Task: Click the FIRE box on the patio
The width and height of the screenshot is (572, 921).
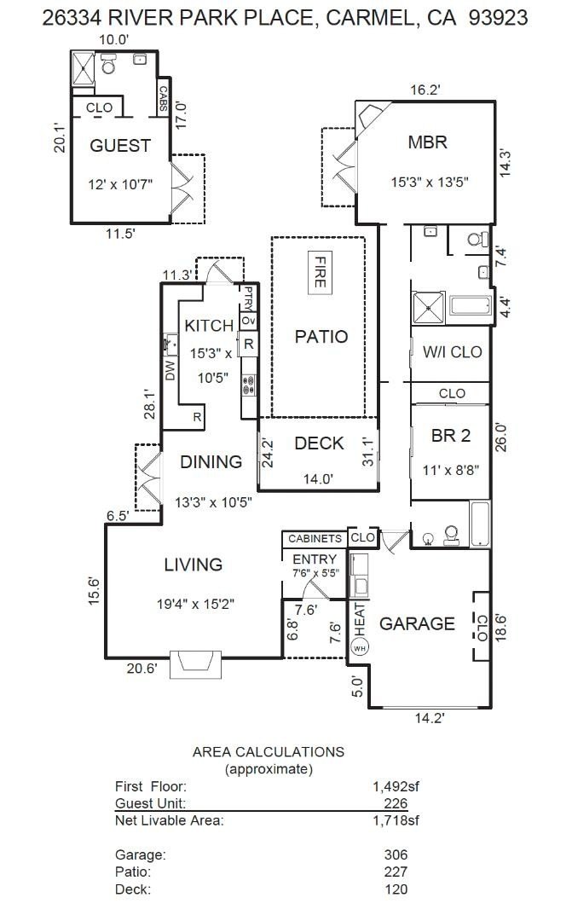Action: pos(319,273)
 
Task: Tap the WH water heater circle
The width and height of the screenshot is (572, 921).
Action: pos(359,648)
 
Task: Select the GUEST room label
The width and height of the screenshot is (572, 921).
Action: pos(120,145)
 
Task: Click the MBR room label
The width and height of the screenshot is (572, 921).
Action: pos(428,142)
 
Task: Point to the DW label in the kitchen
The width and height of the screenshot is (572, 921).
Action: pos(170,370)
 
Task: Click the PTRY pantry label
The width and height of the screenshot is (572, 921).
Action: pos(248,298)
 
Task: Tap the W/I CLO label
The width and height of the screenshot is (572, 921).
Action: pos(452,352)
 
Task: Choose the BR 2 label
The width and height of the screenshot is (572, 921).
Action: pos(450,436)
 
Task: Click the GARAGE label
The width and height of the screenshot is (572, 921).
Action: pos(417,623)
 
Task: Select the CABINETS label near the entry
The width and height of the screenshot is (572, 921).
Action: pos(315,538)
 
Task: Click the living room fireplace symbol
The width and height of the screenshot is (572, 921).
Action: pos(196,663)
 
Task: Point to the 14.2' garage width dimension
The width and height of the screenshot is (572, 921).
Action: pos(430,718)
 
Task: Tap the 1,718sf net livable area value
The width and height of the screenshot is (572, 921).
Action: pos(396,820)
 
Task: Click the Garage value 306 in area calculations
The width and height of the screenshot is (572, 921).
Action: pos(396,854)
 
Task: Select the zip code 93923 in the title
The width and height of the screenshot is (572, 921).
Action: pos(498,18)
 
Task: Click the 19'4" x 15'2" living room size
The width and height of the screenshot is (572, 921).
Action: pos(195,604)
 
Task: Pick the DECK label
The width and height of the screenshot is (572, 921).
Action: pos(319,443)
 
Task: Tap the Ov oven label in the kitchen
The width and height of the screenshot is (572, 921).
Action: pos(248,321)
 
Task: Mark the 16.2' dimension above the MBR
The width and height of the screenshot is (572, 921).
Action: pos(425,90)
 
